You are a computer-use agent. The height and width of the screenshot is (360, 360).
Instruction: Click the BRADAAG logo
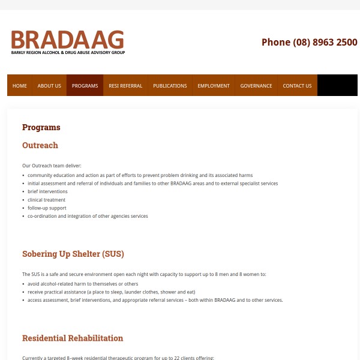click(68, 42)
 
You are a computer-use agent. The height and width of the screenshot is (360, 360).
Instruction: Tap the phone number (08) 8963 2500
click(309, 42)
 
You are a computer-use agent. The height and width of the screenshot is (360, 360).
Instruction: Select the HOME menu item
click(20, 86)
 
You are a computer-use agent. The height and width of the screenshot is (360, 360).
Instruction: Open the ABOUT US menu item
click(49, 86)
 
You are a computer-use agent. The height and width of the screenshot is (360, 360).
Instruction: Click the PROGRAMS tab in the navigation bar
click(85, 86)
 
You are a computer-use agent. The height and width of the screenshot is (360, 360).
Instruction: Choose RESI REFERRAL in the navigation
click(125, 86)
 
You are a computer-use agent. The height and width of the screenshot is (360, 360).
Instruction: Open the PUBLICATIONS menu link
click(170, 86)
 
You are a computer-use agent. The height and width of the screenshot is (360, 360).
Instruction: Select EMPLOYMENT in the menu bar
click(214, 86)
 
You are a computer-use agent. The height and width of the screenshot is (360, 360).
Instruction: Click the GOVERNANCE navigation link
click(256, 86)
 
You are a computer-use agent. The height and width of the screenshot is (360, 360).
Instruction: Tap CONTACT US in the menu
click(297, 86)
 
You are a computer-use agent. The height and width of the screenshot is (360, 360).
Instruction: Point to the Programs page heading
click(41, 127)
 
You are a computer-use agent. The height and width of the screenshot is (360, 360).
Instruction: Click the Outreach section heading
click(40, 145)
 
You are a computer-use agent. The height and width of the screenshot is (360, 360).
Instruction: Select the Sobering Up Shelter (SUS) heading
click(73, 254)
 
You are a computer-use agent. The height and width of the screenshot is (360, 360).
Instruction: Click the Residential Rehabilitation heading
click(73, 338)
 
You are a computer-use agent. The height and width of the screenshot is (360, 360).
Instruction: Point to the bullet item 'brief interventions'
click(47, 191)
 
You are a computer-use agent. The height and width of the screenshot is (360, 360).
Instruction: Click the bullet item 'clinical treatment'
click(46, 200)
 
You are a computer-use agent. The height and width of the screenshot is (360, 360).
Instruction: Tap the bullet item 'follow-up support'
click(47, 208)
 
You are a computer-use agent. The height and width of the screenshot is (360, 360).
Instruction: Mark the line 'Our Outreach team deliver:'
click(52, 166)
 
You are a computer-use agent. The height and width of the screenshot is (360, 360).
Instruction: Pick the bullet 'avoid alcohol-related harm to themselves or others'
click(83, 284)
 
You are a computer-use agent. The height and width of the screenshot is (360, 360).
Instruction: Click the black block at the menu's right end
click(337, 86)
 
